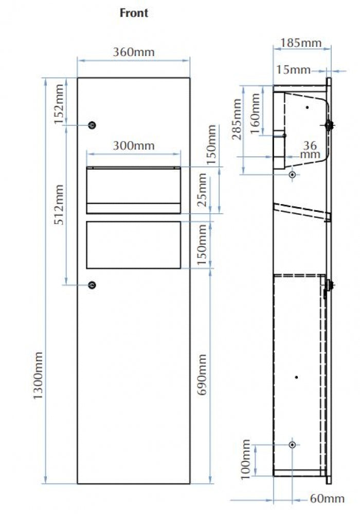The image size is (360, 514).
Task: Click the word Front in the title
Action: point(134,13)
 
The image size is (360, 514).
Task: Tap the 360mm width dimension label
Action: point(134,52)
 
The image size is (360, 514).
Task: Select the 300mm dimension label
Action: point(134,145)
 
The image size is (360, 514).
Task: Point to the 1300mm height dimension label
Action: point(39,375)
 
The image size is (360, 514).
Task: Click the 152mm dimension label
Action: point(59,104)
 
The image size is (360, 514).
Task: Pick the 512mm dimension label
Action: point(59,205)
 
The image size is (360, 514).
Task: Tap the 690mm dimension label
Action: point(202,374)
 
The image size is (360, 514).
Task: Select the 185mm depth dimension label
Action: point(301,43)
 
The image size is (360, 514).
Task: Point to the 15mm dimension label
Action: point(293,69)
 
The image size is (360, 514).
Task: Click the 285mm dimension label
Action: point(237,119)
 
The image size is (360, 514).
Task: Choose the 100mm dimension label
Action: point(245,460)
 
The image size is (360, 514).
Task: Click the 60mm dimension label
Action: point(327,499)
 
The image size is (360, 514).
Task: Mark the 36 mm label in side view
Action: point(310,150)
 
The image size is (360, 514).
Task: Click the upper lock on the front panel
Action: point(93,125)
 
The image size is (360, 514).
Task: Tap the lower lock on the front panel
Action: point(93,285)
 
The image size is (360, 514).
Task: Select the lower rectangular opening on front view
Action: point(133,245)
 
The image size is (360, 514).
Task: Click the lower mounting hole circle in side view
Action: point(293,445)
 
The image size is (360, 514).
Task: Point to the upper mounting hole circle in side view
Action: point(293,174)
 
